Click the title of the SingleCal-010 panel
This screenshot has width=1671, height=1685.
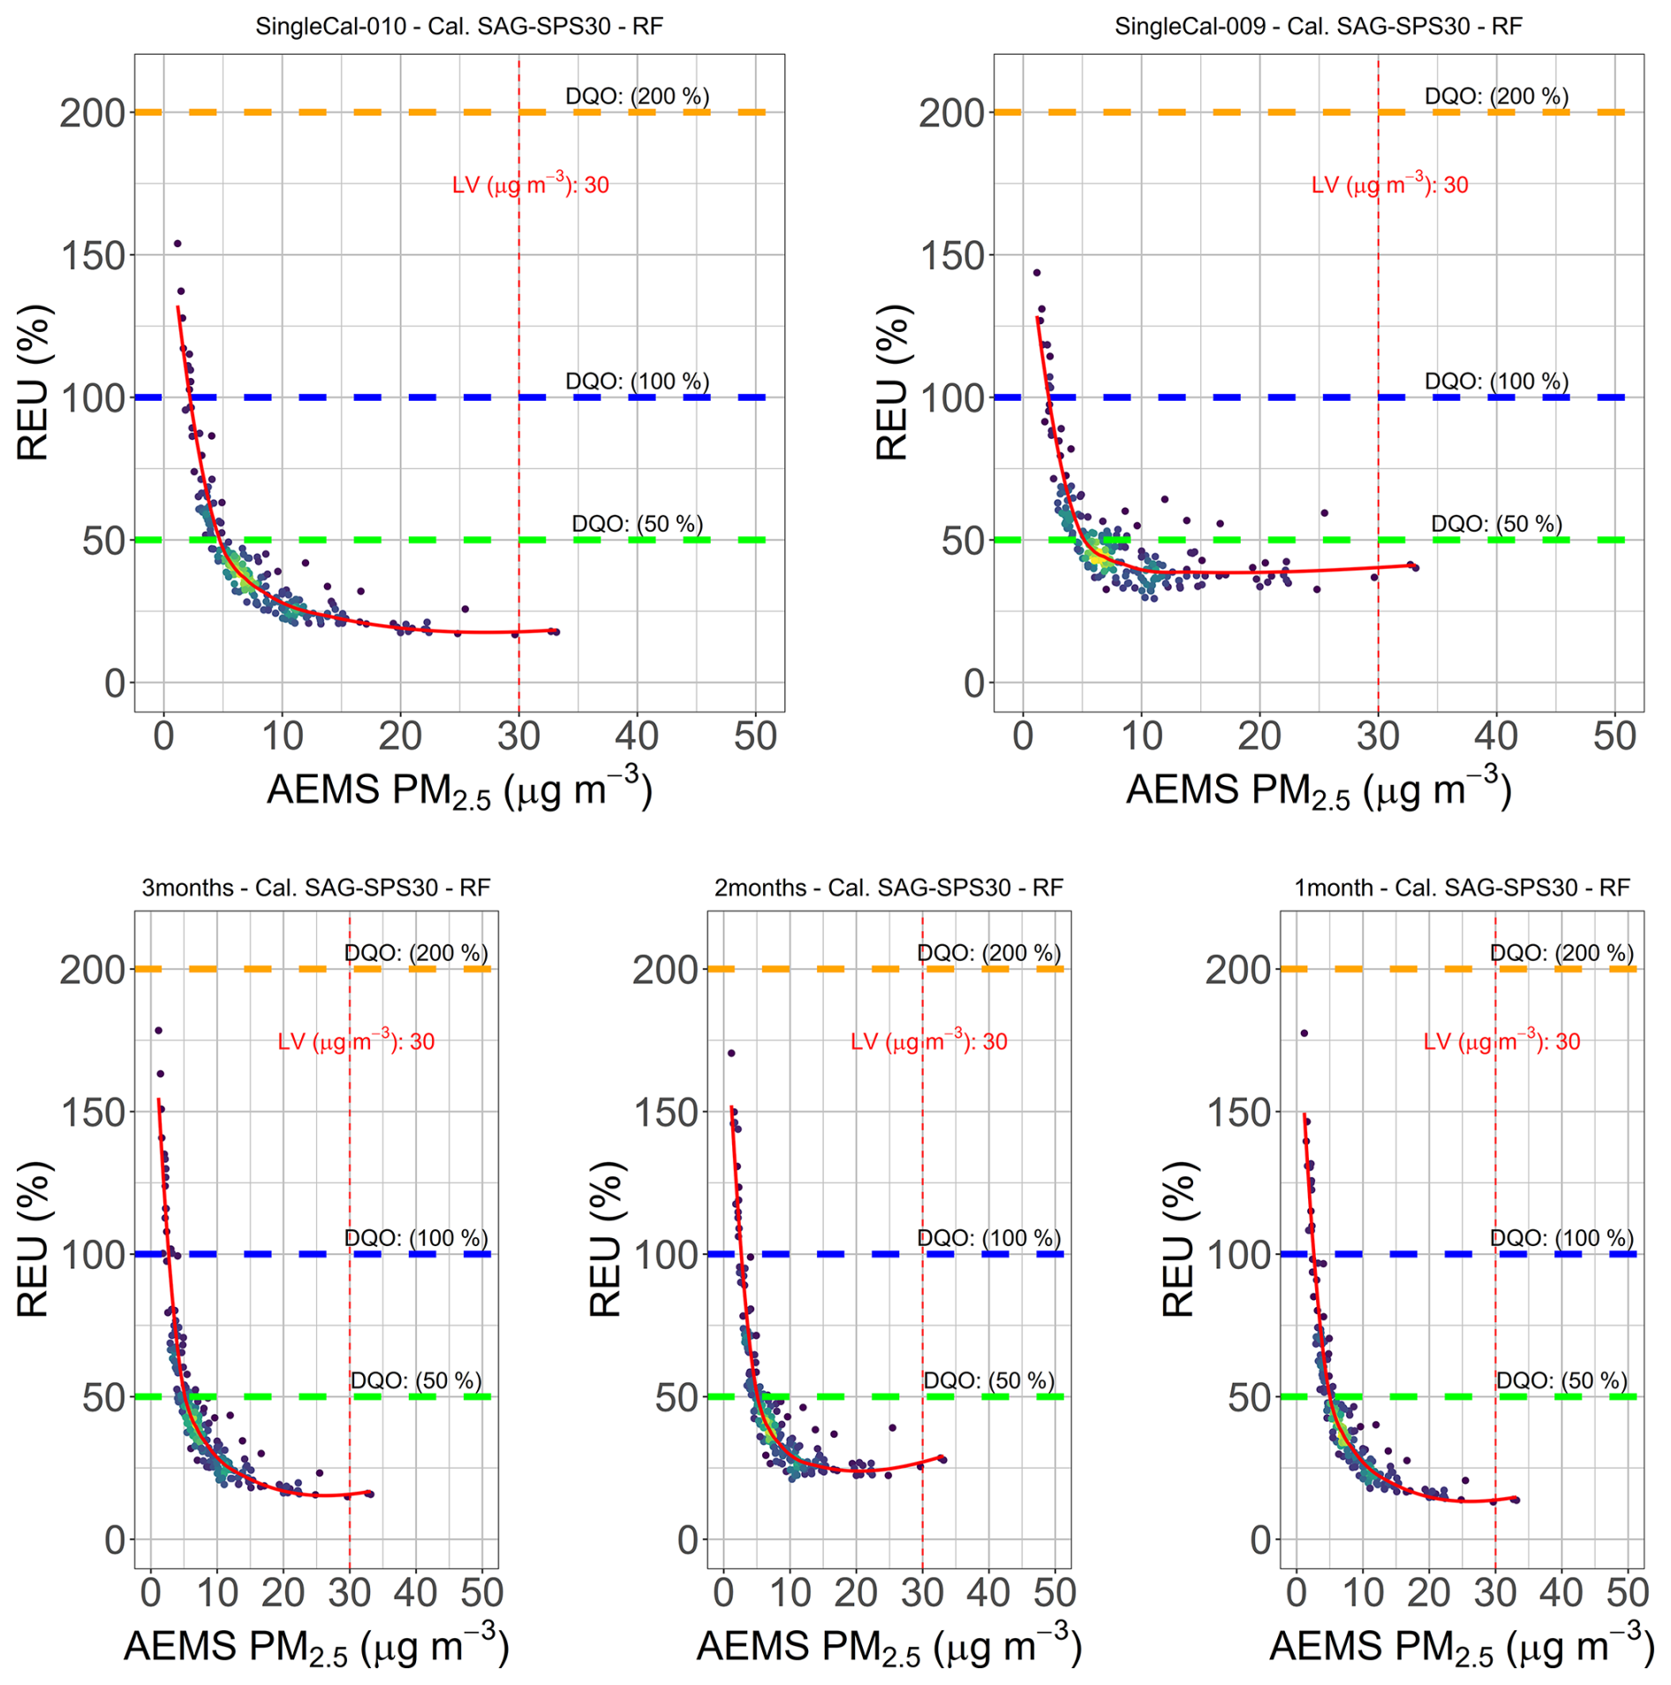point(459,26)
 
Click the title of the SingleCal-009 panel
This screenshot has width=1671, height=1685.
point(1318,26)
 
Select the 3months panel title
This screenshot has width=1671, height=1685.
point(316,887)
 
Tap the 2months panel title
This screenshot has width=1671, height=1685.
point(888,887)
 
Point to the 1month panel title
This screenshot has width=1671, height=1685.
point(1462,887)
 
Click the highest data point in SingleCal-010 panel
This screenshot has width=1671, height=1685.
point(177,244)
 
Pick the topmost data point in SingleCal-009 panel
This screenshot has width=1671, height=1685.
point(1037,273)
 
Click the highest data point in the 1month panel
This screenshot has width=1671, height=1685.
point(1304,1033)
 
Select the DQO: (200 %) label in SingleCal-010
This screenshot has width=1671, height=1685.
point(637,96)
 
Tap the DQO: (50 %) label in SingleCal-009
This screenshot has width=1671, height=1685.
point(1496,524)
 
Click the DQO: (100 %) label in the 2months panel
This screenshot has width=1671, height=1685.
point(988,1238)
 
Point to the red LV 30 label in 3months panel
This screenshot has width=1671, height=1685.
point(356,1041)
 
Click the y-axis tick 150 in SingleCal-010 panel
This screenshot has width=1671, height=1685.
point(93,256)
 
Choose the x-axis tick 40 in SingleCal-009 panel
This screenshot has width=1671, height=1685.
point(1496,737)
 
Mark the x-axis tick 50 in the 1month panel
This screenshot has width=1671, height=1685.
point(1627,1593)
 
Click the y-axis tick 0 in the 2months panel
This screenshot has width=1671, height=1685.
point(687,1540)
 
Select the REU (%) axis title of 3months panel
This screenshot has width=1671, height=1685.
point(34,1239)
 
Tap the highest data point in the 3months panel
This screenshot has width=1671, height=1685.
point(159,1031)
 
